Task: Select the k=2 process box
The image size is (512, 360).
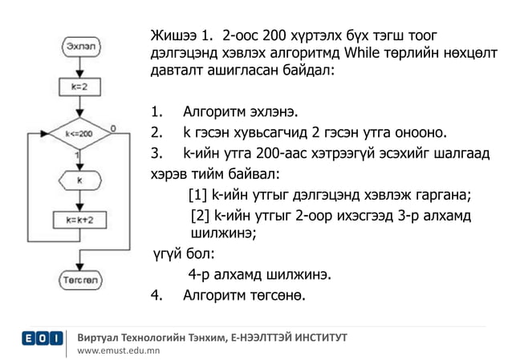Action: click(x=78, y=83)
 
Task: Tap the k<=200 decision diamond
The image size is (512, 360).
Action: click(x=78, y=134)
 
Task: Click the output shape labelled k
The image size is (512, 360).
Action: click(x=79, y=180)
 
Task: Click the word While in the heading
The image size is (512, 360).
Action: click(x=364, y=53)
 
